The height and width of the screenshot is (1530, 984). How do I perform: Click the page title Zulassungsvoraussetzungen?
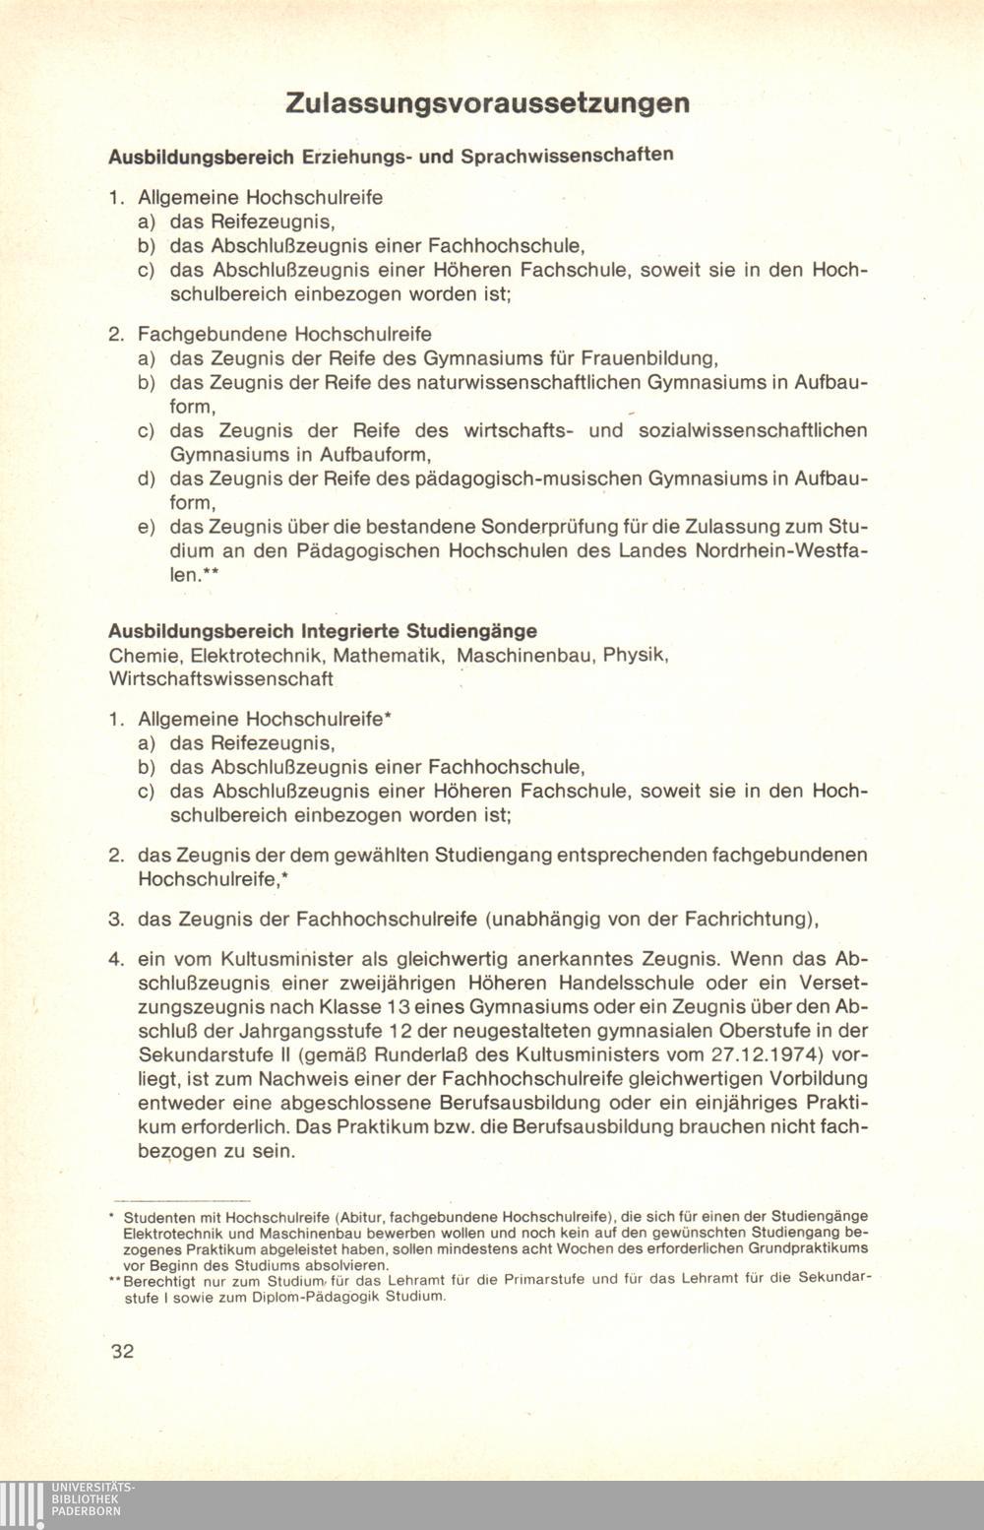pyautogui.click(x=487, y=103)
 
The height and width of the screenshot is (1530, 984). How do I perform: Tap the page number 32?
pyautogui.click(x=122, y=1351)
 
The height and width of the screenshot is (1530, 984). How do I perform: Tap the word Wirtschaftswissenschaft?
pyautogui.click(x=221, y=678)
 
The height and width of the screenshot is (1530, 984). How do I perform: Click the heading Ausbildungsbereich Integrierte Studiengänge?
pyautogui.click(x=323, y=630)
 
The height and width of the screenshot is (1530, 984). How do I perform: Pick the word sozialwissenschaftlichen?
pyautogui.click(x=753, y=430)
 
